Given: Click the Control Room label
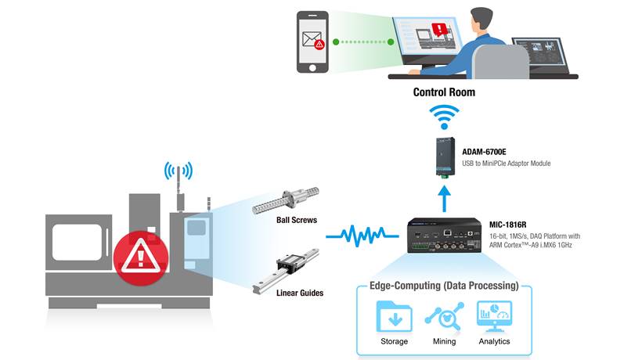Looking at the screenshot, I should (444, 92).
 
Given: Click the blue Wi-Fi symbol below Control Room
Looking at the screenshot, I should (444, 120).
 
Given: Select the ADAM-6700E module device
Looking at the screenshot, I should (444, 157).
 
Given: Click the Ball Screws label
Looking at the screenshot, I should (297, 220).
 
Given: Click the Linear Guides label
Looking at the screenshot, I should (301, 293).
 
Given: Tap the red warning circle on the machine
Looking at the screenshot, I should (139, 255).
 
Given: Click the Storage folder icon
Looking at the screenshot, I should (394, 316).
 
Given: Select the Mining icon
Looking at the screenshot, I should (444, 316).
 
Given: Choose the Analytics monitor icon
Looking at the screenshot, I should (493, 316).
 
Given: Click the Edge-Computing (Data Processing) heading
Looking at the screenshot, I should (444, 286).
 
